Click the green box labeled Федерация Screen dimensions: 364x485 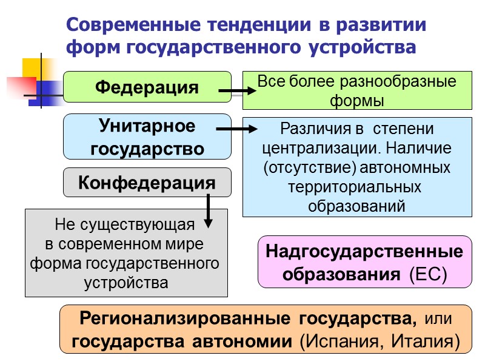click(147, 87)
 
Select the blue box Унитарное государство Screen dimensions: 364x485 click(147, 137)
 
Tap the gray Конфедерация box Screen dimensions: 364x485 click(147, 182)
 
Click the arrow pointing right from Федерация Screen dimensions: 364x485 click(237, 92)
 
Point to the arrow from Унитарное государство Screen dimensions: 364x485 click(237, 129)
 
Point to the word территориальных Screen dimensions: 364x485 click(356, 187)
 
